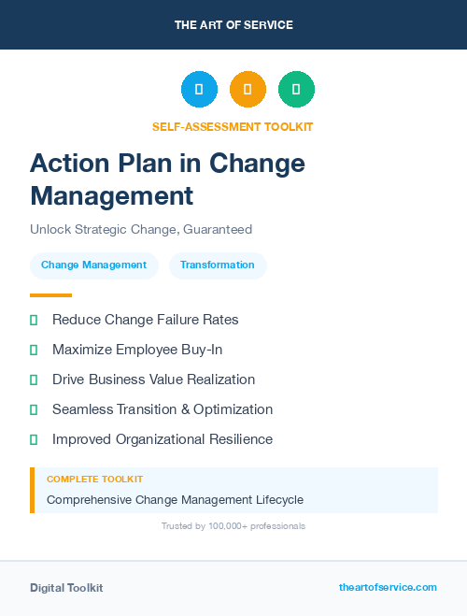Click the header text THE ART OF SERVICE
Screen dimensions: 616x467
click(x=233, y=25)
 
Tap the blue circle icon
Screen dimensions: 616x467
click(x=199, y=90)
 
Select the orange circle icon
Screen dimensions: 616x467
click(x=248, y=90)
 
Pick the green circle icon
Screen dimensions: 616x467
click(x=296, y=90)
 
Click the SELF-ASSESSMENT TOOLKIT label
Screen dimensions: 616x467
click(x=233, y=126)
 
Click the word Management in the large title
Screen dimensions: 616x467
click(x=112, y=196)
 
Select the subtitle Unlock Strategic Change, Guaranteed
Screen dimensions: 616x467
click(x=141, y=229)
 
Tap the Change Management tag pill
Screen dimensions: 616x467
click(x=93, y=265)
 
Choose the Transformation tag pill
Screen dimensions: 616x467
click(x=218, y=265)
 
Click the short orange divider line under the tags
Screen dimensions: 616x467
click(x=50, y=295)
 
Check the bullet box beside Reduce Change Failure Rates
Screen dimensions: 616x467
click(x=34, y=320)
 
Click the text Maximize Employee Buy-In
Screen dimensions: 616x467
click(x=137, y=350)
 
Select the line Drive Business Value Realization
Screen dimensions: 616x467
click(x=153, y=380)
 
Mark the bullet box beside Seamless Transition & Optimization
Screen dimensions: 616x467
click(x=34, y=409)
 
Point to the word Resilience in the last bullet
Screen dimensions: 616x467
click(x=239, y=439)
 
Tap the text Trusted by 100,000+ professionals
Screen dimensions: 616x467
click(x=233, y=526)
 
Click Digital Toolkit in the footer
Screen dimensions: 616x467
click(x=66, y=588)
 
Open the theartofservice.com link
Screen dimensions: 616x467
click(x=388, y=587)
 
